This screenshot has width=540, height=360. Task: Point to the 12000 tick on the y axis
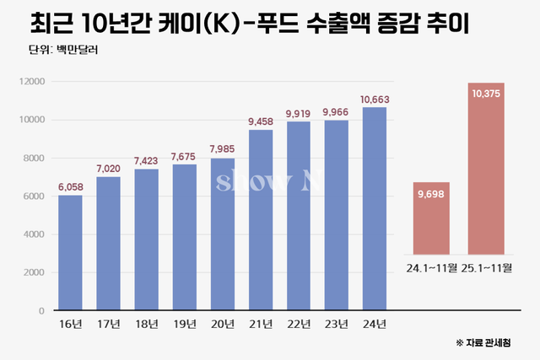pos(31,81)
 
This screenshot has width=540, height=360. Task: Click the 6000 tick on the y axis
pos(34,196)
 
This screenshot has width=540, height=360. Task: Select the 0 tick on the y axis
pos(41,311)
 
